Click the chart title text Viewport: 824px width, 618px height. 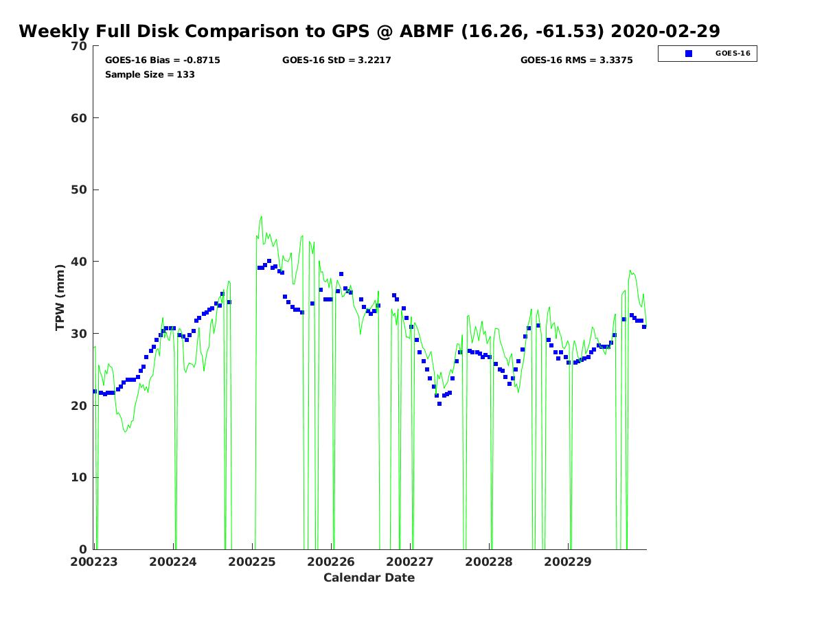pos(369,32)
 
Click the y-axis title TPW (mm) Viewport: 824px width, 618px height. pos(60,297)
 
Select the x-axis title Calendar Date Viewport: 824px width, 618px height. pos(369,577)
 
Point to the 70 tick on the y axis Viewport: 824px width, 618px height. pos(80,46)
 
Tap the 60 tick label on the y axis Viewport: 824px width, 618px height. pos(80,118)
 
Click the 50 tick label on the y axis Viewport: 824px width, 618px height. pos(80,190)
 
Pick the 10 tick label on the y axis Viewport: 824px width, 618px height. pos(80,477)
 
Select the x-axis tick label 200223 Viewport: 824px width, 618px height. pos(94,562)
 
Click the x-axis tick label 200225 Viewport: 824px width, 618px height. pos(252,562)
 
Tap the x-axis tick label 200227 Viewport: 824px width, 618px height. pos(410,562)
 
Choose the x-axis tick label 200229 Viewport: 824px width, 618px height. pos(568,562)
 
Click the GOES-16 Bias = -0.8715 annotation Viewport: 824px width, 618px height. pos(163,60)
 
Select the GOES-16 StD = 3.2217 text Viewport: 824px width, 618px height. pos(336,60)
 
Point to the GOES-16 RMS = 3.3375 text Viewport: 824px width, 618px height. pos(577,60)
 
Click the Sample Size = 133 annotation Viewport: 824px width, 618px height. pos(150,74)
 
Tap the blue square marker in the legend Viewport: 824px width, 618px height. pos(689,54)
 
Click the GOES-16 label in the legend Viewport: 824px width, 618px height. pos(733,54)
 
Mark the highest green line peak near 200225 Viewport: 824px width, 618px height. pos(262,216)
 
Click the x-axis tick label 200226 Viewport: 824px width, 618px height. pos(331,562)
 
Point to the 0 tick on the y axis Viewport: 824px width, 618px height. pos(83,549)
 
